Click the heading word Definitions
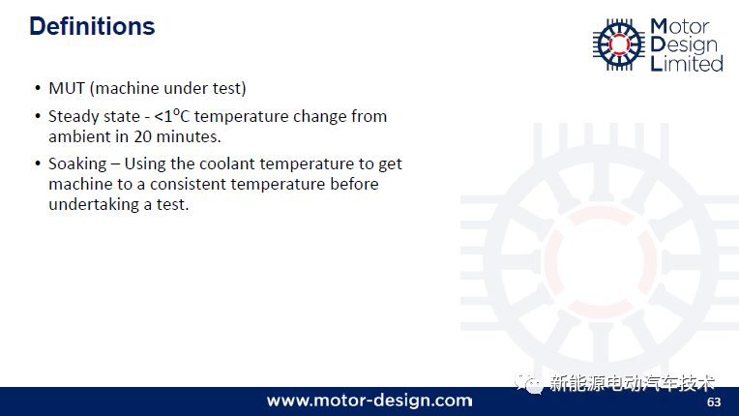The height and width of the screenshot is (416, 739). [92, 26]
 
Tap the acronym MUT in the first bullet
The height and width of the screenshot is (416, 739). [67, 88]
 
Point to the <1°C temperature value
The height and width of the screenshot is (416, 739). [172, 116]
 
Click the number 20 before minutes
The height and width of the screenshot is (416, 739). [142, 136]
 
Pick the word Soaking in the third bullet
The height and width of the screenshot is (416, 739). [77, 164]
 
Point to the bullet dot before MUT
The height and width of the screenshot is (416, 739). [38, 88]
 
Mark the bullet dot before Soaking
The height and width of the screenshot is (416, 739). [38, 163]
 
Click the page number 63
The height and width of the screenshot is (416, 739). [714, 401]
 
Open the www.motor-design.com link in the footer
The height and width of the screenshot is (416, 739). [369, 401]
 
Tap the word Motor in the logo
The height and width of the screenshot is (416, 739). [680, 27]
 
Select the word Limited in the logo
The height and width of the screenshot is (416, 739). [687, 63]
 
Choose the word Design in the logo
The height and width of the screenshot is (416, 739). [684, 45]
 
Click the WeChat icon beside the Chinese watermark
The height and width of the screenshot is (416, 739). [529, 382]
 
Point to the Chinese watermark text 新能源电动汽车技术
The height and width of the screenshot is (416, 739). [632, 383]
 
